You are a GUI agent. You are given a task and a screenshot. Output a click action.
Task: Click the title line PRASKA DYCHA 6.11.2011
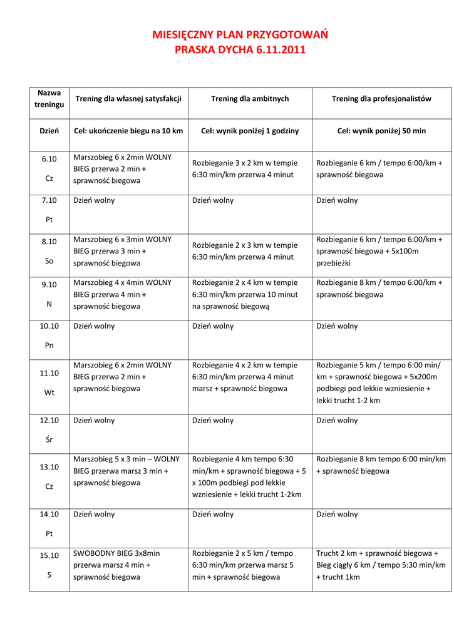pyautogui.click(x=240, y=49)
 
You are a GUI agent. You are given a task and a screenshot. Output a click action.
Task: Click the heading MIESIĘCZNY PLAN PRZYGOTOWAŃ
pyautogui.click(x=240, y=34)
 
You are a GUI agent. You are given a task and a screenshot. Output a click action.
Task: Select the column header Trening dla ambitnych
pyautogui.click(x=250, y=99)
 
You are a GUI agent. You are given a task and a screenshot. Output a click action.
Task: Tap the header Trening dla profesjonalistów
pyautogui.click(x=381, y=99)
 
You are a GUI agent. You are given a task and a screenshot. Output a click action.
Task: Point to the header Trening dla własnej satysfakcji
pyautogui.click(x=128, y=99)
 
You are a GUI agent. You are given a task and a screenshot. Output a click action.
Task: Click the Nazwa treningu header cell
pyautogui.click(x=49, y=99)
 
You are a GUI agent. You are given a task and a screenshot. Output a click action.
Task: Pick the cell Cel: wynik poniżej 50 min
pyautogui.click(x=381, y=131)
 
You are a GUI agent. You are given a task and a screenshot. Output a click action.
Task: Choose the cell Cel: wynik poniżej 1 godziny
pyautogui.click(x=250, y=131)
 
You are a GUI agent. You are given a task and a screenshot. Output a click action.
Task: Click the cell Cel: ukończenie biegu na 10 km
pyautogui.click(x=128, y=131)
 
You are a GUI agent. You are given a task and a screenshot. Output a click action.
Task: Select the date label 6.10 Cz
pyautogui.click(x=49, y=168)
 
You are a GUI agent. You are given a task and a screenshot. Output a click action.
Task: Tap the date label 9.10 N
pyautogui.click(x=49, y=294)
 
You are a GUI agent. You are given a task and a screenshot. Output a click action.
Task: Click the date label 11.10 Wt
pyautogui.click(x=49, y=382)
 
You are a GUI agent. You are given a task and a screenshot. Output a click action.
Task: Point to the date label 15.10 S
pyautogui.click(x=49, y=565)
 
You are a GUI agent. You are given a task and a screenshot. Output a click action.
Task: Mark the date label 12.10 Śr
pyautogui.click(x=49, y=429)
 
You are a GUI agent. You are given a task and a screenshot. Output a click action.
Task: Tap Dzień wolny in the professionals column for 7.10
pyautogui.click(x=338, y=200)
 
